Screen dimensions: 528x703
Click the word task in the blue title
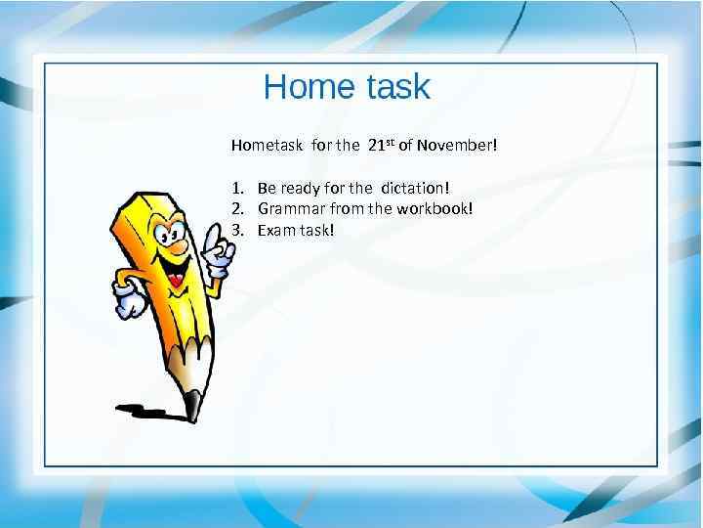397,87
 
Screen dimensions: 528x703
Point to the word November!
457,146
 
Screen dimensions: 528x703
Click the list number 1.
237,187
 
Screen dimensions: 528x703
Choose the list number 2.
237,208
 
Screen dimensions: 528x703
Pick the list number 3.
237,230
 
